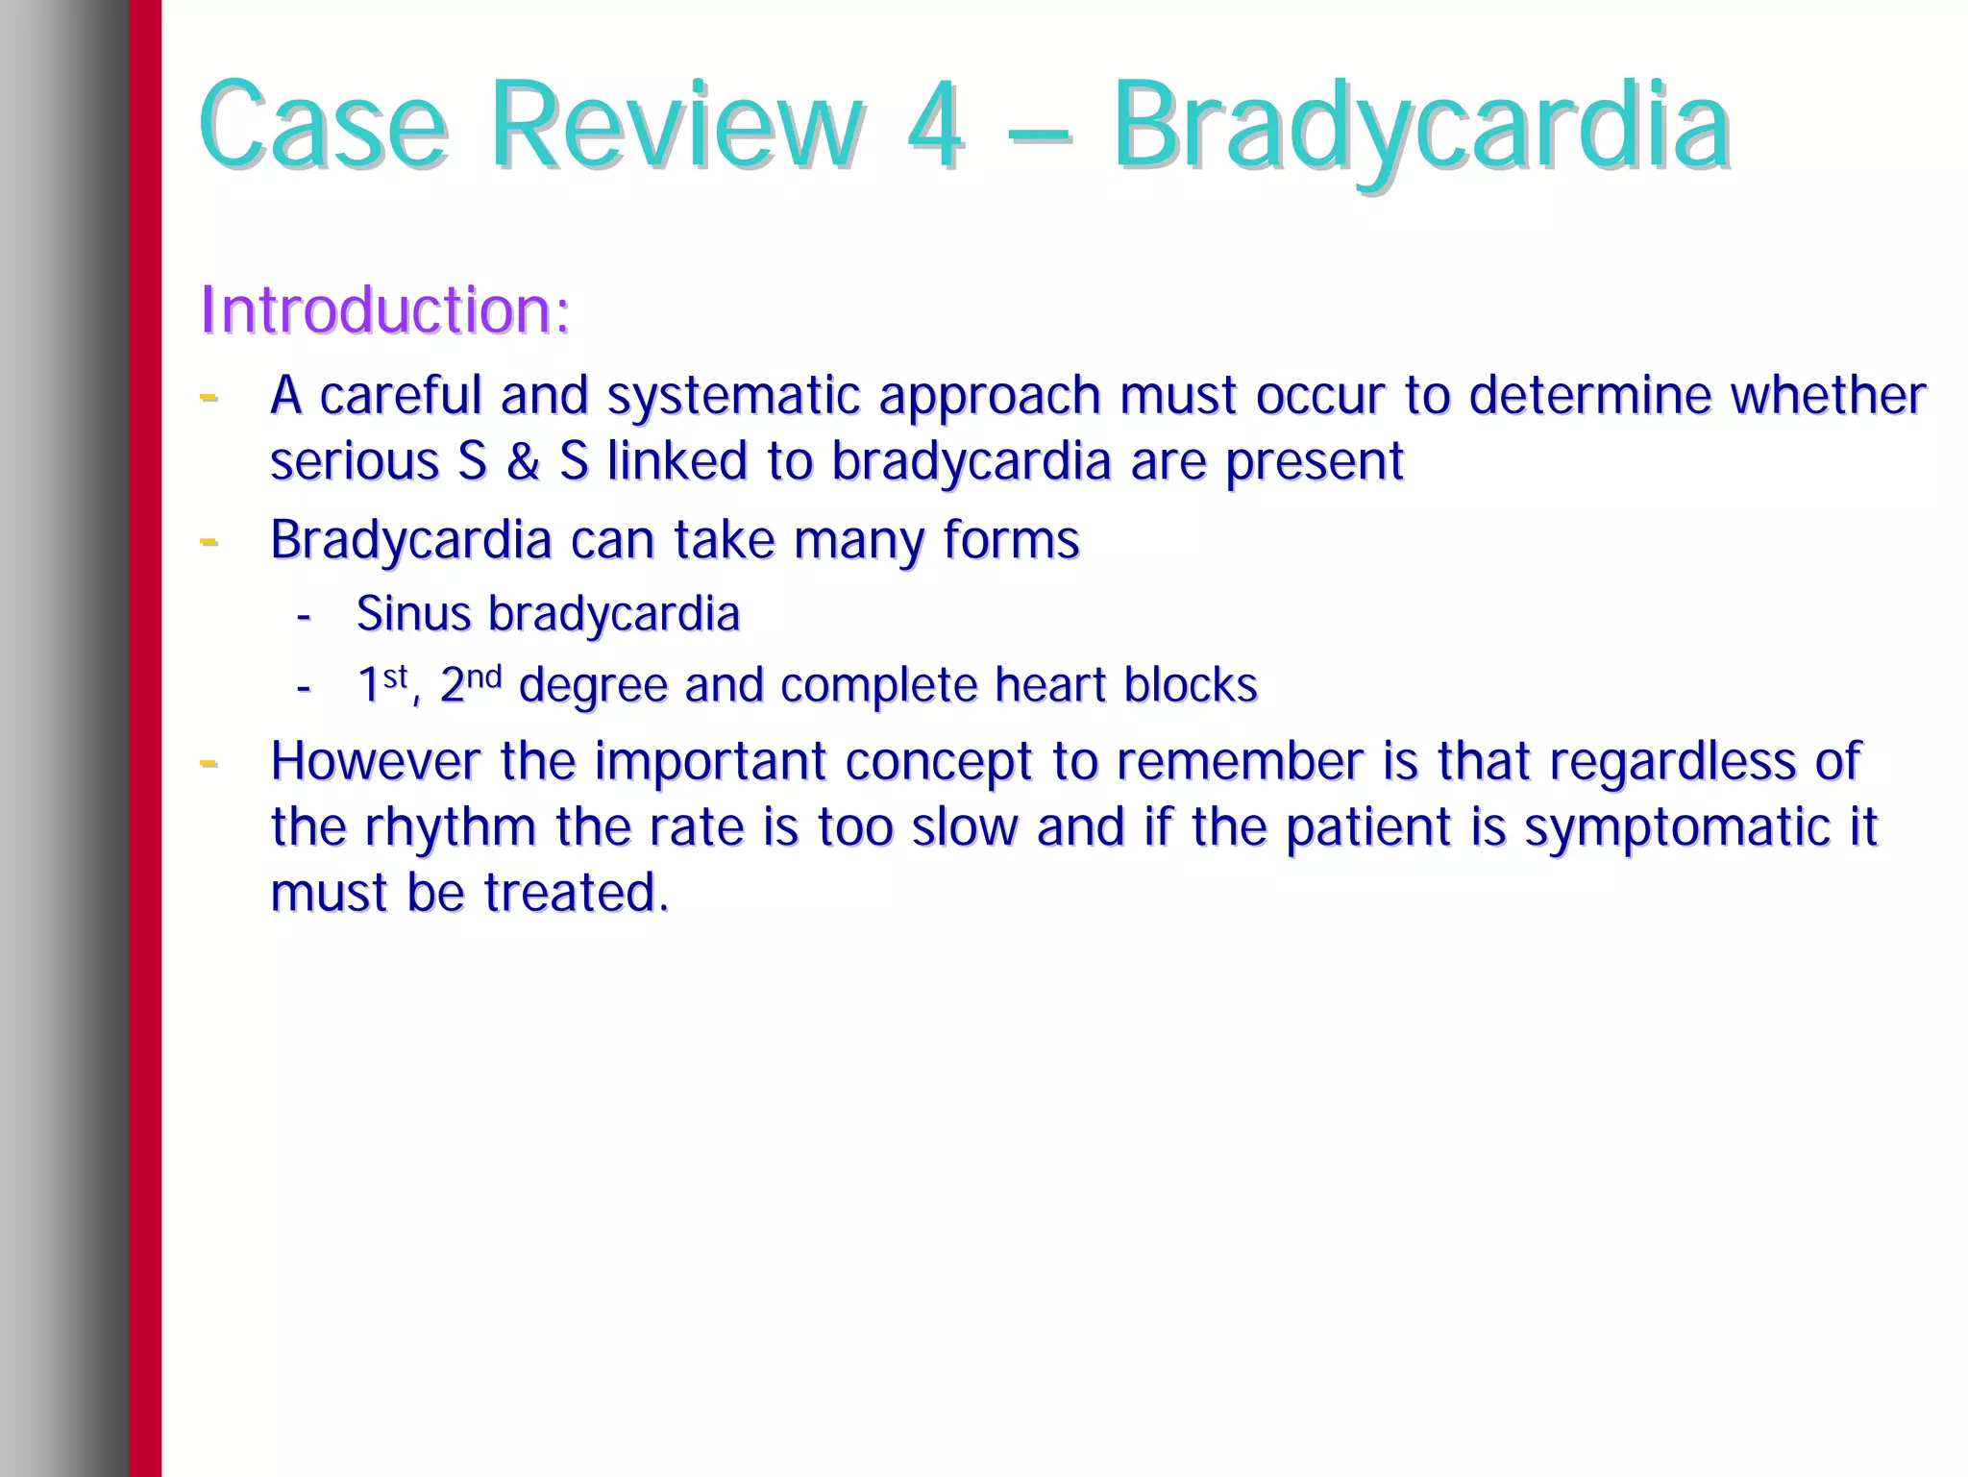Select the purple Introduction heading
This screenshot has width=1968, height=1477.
click(384, 310)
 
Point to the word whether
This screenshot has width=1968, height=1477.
click(1828, 395)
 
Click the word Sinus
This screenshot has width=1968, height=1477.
click(413, 613)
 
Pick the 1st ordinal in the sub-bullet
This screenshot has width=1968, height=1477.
click(381, 684)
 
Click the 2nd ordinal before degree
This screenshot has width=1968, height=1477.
click(470, 684)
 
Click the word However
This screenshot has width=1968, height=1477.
click(375, 761)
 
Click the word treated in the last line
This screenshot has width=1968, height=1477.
click(574, 893)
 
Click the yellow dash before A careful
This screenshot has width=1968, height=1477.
click(208, 395)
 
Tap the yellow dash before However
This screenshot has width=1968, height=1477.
click(208, 762)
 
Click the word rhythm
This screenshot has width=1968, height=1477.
click(450, 827)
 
